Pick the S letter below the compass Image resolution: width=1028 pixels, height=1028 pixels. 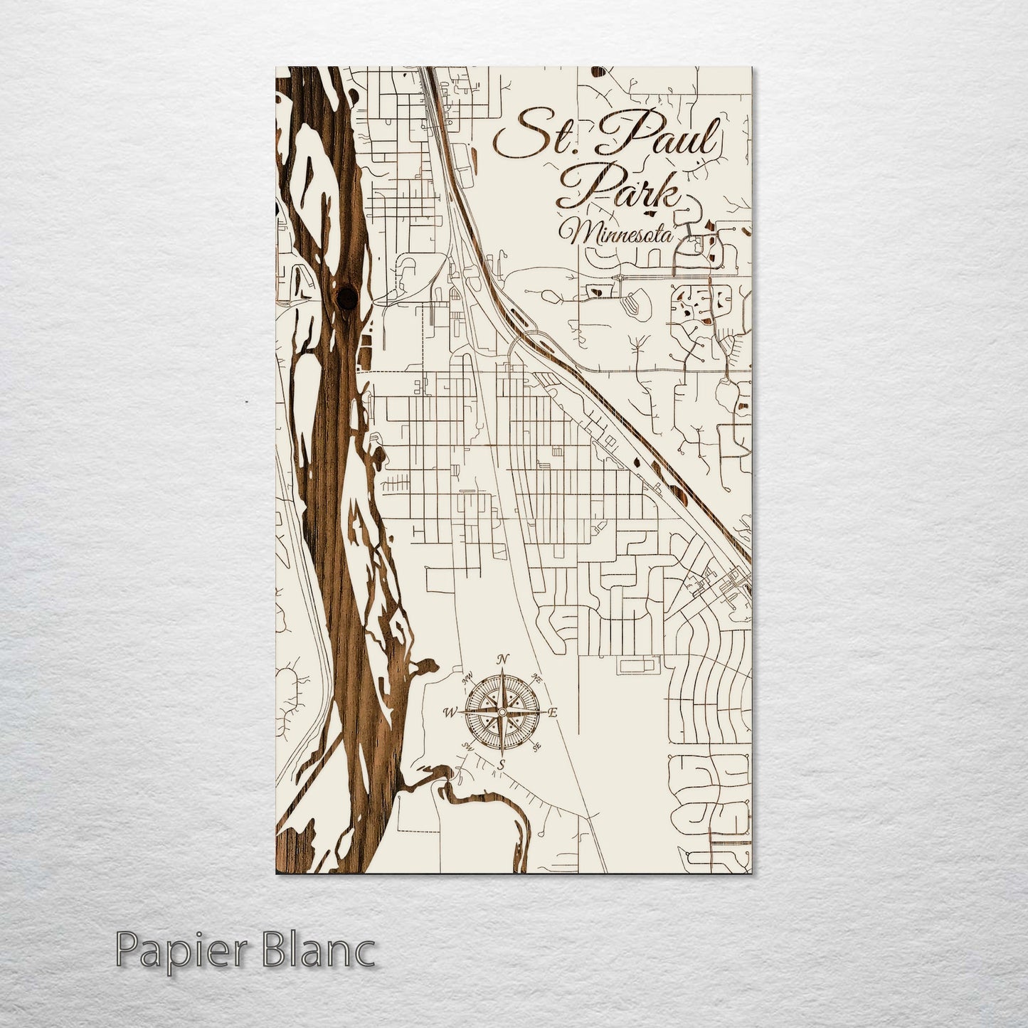[x=501, y=764]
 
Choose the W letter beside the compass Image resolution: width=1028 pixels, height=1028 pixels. [x=450, y=711]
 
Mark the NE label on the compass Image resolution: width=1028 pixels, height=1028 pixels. [x=537, y=679]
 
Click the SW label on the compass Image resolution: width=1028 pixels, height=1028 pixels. [x=468, y=746]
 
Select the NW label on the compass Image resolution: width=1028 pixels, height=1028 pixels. [x=468, y=679]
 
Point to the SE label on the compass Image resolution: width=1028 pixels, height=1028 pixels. [x=537, y=745]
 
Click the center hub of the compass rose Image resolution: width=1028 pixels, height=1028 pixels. [x=502, y=712]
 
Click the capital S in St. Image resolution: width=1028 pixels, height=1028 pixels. [x=519, y=137]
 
